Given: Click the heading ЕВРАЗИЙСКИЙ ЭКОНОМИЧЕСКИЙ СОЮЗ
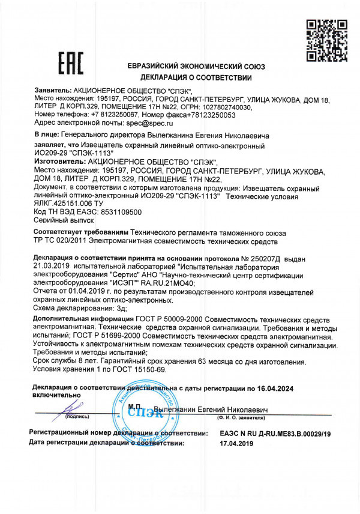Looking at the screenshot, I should point(196,67).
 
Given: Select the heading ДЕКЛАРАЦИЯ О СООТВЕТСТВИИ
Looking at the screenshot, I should point(196,78).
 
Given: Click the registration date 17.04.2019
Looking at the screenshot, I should point(240,443).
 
